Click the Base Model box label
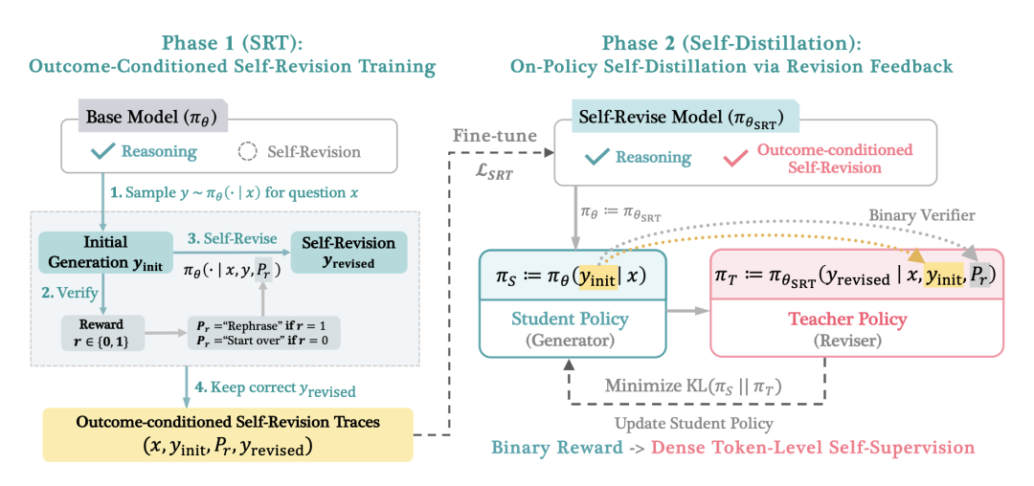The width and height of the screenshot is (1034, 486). pos(150,117)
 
